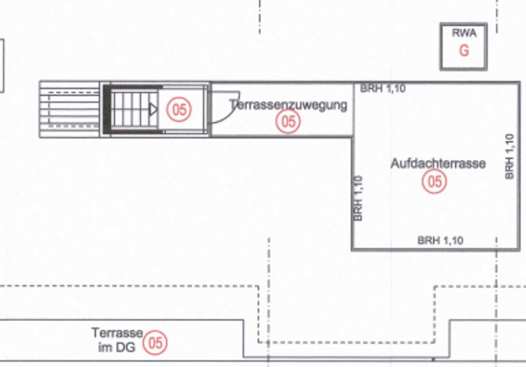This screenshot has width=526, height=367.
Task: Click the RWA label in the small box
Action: (x=464, y=33)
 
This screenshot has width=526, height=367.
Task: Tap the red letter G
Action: (x=464, y=51)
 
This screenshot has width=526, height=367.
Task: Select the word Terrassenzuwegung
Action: (x=288, y=105)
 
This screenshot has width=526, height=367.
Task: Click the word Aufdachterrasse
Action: (x=438, y=164)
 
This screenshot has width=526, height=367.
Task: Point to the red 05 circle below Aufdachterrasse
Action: (x=434, y=182)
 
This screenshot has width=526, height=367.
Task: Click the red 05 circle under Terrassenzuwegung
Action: (x=288, y=122)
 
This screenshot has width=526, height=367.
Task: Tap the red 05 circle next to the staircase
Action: (x=179, y=110)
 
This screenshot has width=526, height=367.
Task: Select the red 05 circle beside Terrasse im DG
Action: (x=155, y=343)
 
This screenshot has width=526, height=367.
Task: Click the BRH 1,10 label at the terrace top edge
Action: (x=383, y=89)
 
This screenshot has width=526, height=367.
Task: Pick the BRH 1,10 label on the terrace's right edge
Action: (x=510, y=157)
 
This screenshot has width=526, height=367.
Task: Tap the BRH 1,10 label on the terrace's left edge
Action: (x=358, y=198)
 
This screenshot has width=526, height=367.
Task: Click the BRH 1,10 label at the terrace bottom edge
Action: (x=440, y=241)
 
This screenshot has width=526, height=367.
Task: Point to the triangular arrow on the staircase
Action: (x=153, y=109)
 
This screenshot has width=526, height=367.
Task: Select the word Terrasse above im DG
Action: (x=117, y=333)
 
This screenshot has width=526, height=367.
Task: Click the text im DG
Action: (x=117, y=347)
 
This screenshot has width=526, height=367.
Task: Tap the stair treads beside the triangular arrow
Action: (x=134, y=110)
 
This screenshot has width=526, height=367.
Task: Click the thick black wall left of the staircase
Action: (x=107, y=109)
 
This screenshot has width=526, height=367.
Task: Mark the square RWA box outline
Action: (x=441, y=47)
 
